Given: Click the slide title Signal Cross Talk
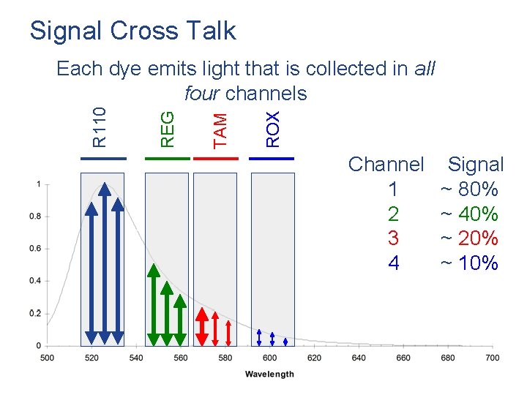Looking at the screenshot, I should tap(132, 31).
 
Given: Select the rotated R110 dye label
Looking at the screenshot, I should tap(100, 127).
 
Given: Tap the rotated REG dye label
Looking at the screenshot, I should tap(168, 128).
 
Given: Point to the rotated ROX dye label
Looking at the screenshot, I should tap(272, 129).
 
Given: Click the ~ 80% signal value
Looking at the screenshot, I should tap(468, 189).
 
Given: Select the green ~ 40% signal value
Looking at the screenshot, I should tap(468, 214).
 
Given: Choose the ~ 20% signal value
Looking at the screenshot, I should tap(468, 238).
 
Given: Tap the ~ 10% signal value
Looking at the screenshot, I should tap(468, 263).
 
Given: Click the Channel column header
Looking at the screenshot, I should tap(386, 165).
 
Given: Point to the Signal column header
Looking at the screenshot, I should tap(476, 165).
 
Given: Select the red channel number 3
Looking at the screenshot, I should tap(393, 238).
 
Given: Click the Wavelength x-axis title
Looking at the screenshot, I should tap(269, 374).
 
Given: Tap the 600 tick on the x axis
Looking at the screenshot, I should tap(269, 358).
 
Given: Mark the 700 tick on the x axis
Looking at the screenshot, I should tap(493, 358).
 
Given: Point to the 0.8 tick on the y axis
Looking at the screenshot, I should tap(34, 217).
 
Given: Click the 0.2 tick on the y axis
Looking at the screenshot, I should tap(34, 313).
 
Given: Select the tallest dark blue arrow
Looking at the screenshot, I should tap(104, 263).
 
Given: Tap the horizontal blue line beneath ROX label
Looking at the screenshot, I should tap(272, 158).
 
